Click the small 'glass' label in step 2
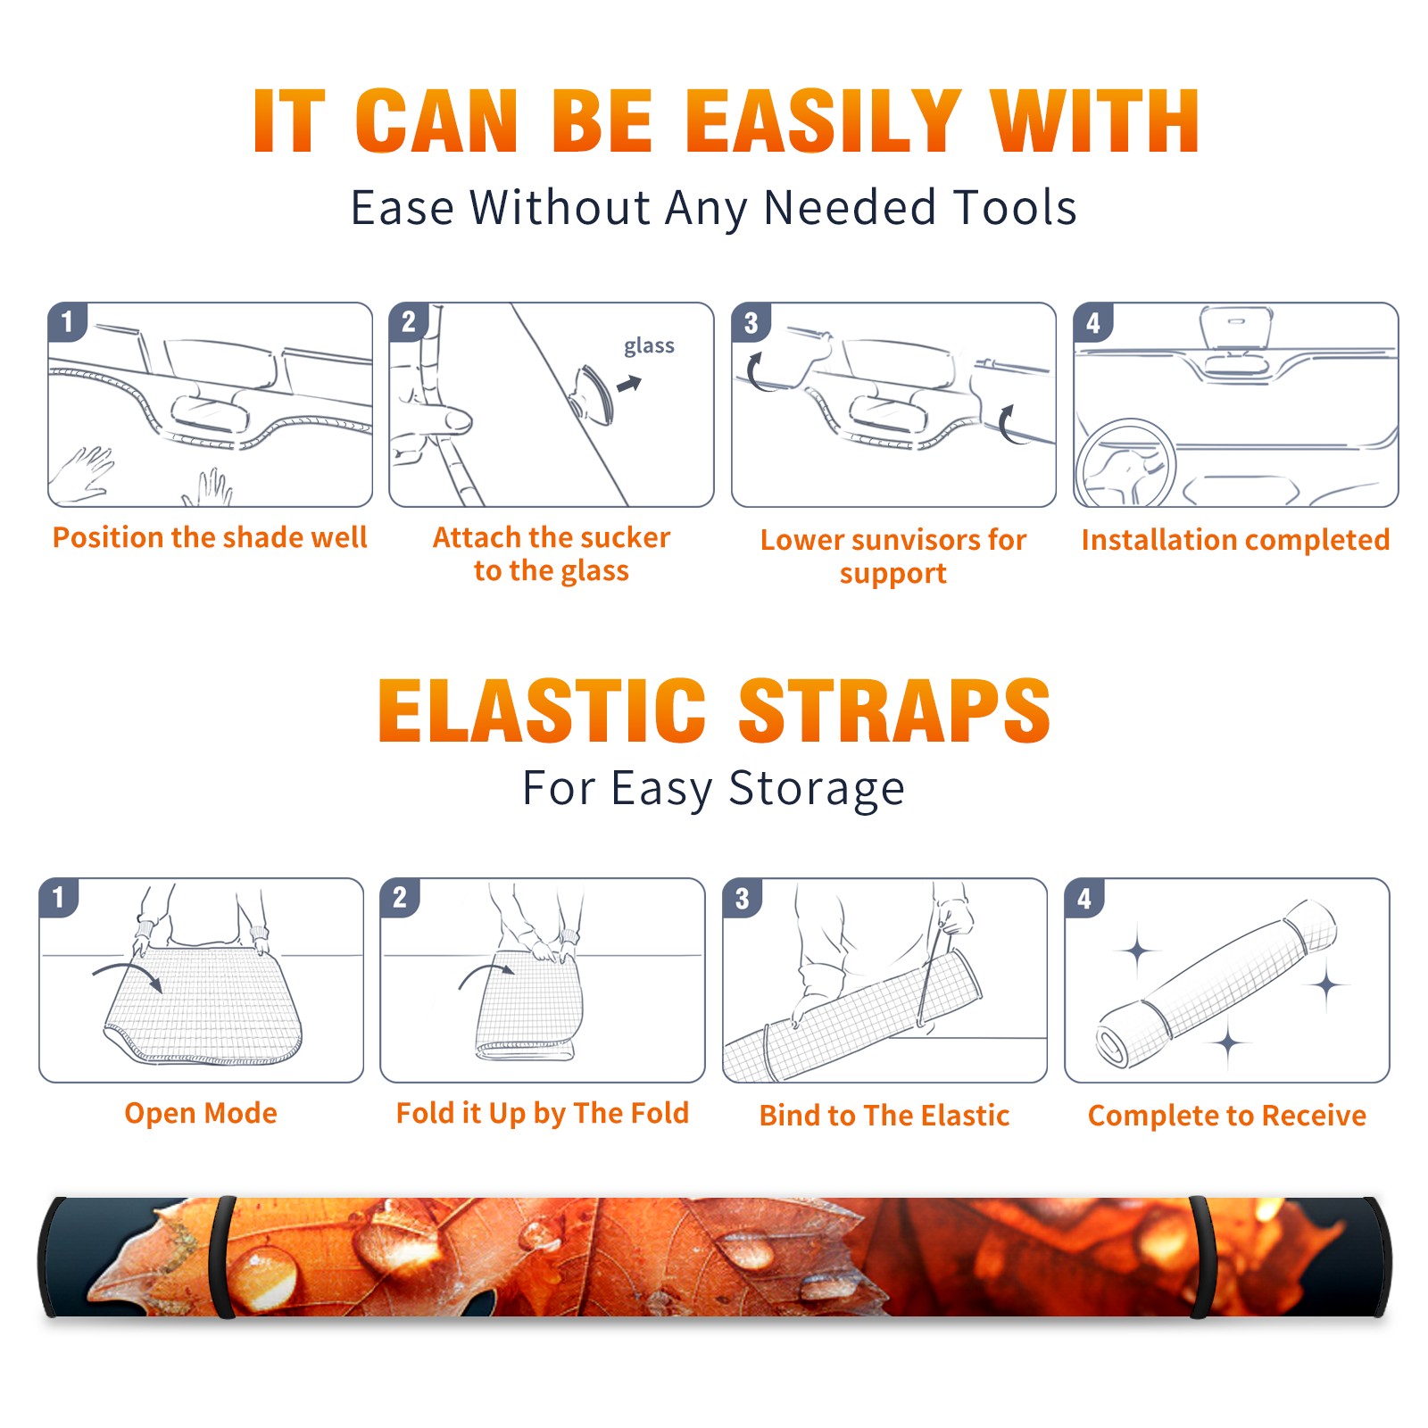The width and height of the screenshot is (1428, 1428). [x=649, y=346]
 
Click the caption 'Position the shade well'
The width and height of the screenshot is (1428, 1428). [x=210, y=537]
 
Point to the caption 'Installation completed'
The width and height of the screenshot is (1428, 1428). [x=1235, y=539]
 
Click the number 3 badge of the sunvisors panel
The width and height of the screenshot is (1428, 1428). [x=751, y=322]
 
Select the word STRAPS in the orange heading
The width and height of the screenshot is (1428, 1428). [x=894, y=710]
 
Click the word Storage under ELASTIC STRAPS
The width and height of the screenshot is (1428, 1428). [x=817, y=789]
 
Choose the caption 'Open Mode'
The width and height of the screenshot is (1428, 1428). [x=201, y=1113]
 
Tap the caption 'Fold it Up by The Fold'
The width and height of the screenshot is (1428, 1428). [x=543, y=1113]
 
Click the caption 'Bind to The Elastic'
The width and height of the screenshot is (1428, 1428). [x=884, y=1115]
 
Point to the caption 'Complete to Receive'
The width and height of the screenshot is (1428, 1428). [x=1227, y=1116]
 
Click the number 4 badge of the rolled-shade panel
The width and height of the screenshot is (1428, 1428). [x=1084, y=898]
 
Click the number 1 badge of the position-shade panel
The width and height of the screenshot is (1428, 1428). [x=67, y=322]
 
